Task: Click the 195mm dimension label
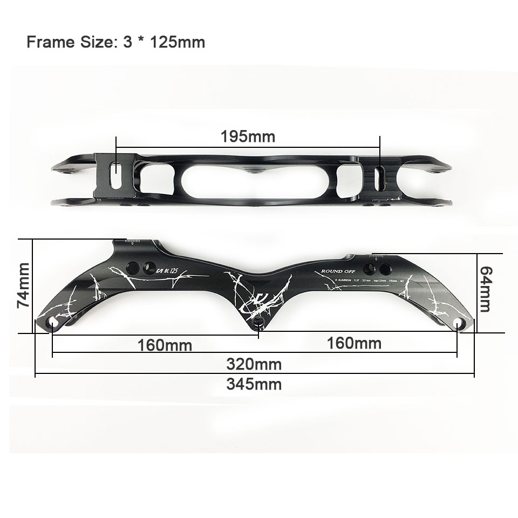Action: (x=248, y=137)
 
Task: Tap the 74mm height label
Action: (x=23, y=285)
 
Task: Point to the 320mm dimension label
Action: (x=254, y=364)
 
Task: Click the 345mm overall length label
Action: (x=254, y=384)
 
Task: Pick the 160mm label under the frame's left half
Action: (x=165, y=345)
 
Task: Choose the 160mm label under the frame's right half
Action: (x=354, y=343)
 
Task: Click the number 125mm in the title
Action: (x=175, y=42)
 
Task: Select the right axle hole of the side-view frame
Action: (x=458, y=323)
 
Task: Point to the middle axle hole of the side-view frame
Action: (x=258, y=323)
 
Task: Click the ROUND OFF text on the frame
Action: (x=336, y=271)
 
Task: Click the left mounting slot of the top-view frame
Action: (x=115, y=175)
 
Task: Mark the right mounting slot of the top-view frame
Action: (x=380, y=178)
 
